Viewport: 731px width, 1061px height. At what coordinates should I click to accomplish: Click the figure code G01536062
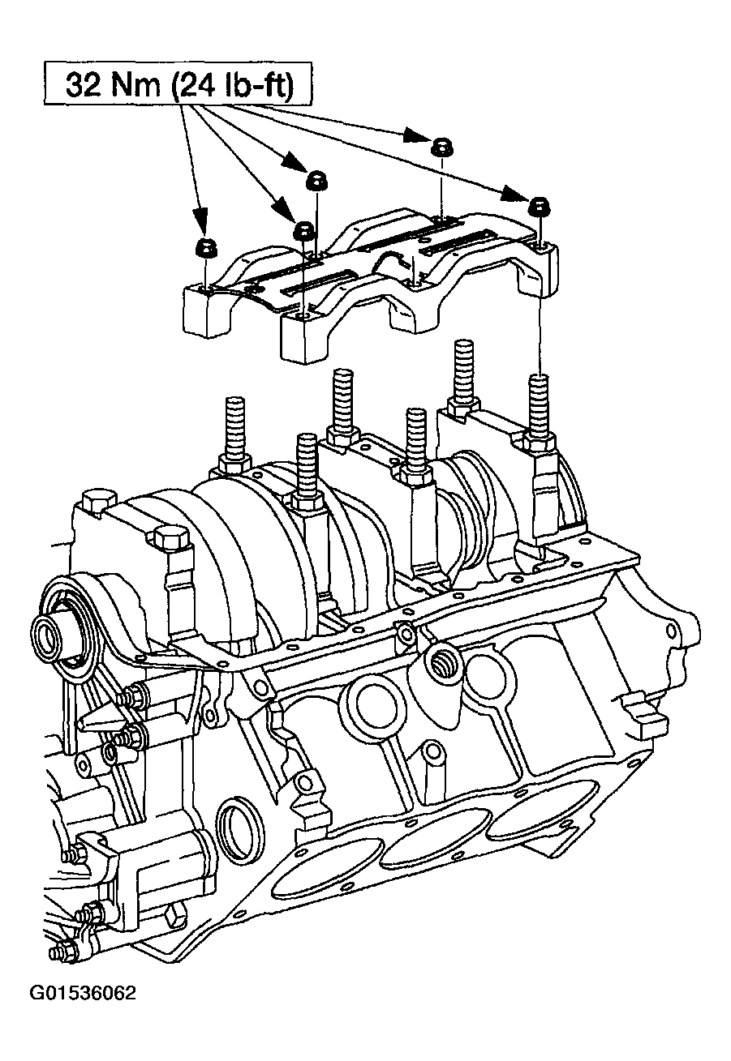pyautogui.click(x=83, y=1029)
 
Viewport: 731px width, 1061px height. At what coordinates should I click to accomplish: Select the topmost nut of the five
pyautogui.click(x=441, y=147)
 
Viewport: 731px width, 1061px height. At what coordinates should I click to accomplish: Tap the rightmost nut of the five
pyautogui.click(x=538, y=205)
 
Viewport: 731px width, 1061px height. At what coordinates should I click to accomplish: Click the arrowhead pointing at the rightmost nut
pyautogui.click(x=514, y=194)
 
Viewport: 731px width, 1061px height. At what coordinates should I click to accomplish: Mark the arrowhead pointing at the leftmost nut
pyautogui.click(x=200, y=217)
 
